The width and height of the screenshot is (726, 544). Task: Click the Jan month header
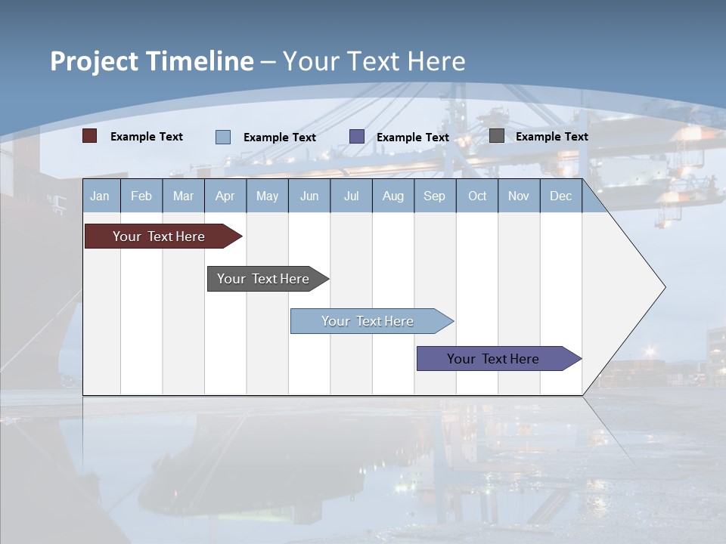coord(100,196)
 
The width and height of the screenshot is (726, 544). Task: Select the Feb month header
coord(141,196)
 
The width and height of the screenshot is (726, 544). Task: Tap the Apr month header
coord(225,196)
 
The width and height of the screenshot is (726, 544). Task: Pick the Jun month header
coord(309,196)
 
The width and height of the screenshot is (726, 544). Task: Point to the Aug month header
coord(392,196)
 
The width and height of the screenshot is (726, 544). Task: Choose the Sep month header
coord(434,196)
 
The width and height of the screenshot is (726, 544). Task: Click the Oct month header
coord(477,196)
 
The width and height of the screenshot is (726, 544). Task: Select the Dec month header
coord(560,196)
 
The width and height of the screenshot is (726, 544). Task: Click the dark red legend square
coord(90,136)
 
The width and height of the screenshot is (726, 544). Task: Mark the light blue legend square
coord(223,137)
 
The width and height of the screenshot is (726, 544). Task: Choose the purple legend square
coord(357,137)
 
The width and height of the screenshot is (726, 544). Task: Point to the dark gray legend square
coord(497,136)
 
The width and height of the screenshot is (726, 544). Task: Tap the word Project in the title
coord(94,61)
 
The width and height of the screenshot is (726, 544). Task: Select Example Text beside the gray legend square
coord(551,137)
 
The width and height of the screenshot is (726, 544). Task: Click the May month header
coord(267,196)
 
